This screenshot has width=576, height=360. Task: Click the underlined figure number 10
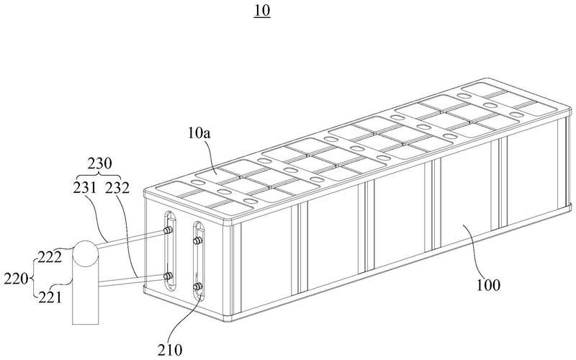[262, 11]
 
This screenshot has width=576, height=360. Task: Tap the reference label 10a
[199, 133]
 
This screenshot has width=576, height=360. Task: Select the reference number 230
[99, 163]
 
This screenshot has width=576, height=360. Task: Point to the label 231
[84, 188]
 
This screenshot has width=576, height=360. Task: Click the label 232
[117, 188]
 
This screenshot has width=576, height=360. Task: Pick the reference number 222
[50, 258]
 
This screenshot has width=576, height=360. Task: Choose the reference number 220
[16, 279]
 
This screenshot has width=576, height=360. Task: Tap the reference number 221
[50, 297]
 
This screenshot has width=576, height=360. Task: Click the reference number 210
[170, 349]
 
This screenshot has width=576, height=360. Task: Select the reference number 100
[488, 285]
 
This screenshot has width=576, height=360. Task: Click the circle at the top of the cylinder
[85, 253]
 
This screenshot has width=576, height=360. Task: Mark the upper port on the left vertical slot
[168, 230]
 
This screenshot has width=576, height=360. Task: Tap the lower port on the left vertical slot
[168, 276]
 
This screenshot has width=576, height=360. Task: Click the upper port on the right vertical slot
[197, 240]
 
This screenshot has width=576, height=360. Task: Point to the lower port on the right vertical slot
[197, 287]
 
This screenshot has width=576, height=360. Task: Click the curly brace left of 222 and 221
[33, 279]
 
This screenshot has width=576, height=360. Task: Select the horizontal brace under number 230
[100, 174]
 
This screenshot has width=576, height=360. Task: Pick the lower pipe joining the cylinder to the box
[132, 280]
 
